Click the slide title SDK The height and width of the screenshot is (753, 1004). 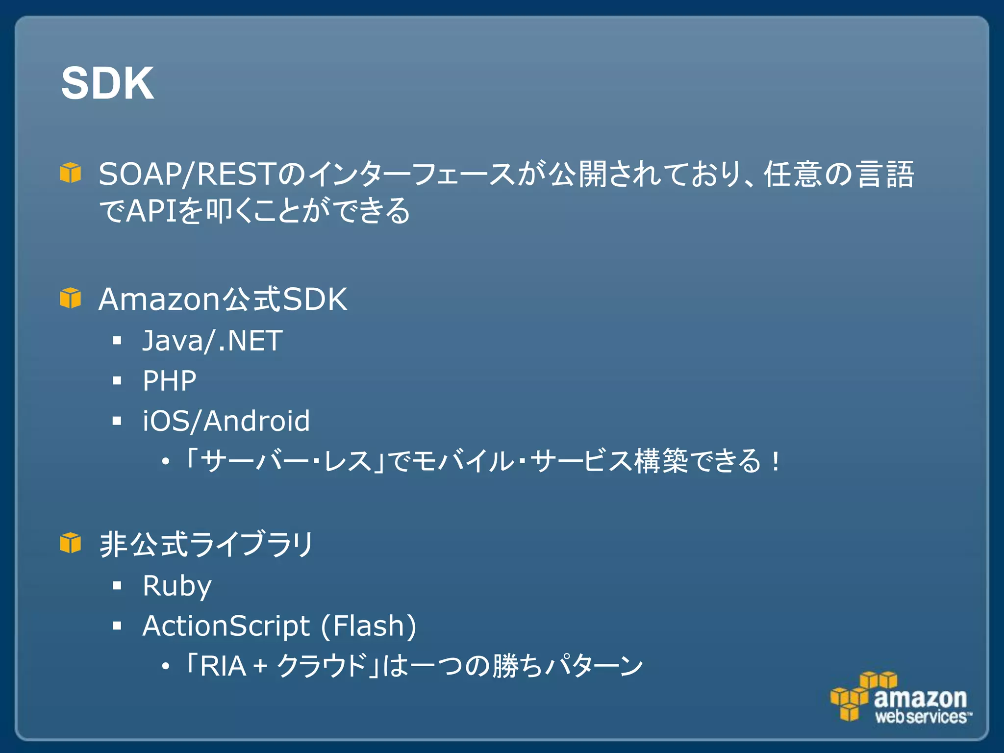[107, 83]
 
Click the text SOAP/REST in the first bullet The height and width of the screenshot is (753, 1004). [186, 174]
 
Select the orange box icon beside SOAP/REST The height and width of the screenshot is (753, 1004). [70, 173]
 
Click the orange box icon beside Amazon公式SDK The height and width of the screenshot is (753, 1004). [70, 298]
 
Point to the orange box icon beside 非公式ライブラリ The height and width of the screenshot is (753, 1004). [70, 543]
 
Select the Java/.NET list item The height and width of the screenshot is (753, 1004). [212, 341]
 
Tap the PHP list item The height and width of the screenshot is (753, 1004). [169, 380]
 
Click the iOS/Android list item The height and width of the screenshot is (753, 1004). [226, 421]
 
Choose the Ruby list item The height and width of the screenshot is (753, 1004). [176, 586]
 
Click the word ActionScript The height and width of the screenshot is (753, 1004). [226, 626]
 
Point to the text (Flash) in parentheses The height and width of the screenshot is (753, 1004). [369, 626]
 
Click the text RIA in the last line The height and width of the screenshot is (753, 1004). [223, 666]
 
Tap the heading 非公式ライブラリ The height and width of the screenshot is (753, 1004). [206, 544]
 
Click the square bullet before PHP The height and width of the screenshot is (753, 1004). [117, 380]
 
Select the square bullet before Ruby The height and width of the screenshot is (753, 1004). [117, 585]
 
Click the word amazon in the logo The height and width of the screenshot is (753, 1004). [920, 698]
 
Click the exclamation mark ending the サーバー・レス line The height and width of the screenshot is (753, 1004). [775, 462]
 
